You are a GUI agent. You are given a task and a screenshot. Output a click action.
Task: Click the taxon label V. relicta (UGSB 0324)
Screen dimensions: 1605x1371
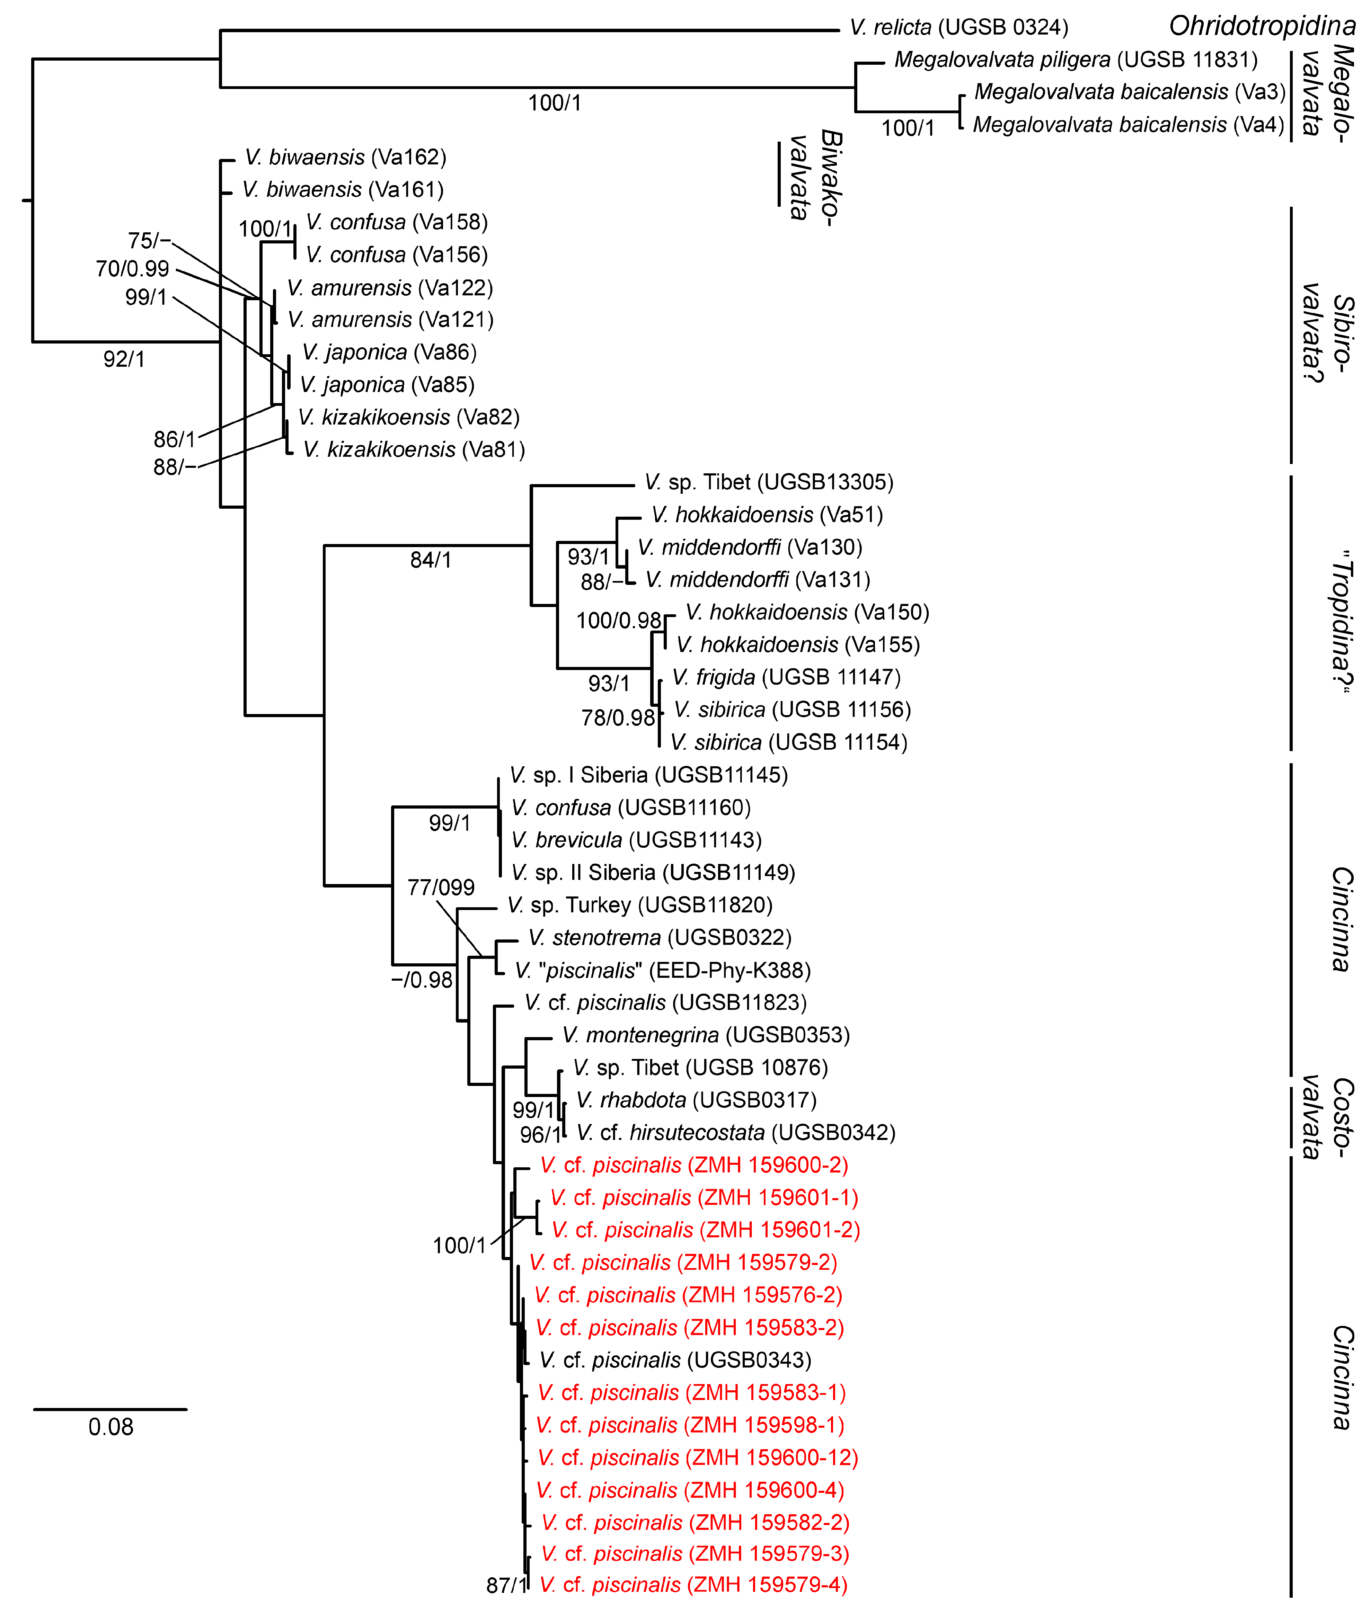(x=959, y=28)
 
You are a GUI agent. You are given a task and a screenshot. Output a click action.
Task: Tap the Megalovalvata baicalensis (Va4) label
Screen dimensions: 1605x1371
(x=1129, y=125)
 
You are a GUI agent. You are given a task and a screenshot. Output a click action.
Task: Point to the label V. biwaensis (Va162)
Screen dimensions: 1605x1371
(x=346, y=157)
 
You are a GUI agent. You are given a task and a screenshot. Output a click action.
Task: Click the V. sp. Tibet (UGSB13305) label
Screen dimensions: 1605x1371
(x=769, y=483)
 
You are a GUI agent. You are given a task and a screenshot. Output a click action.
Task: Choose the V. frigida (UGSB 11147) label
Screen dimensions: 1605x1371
(x=786, y=678)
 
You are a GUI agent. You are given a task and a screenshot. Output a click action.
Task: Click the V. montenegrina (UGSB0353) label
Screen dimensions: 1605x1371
(x=706, y=1036)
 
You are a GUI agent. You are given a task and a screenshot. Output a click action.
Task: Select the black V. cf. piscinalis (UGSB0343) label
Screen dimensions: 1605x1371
(x=675, y=1360)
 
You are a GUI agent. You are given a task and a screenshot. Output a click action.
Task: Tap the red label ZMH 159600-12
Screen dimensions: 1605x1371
(x=698, y=1458)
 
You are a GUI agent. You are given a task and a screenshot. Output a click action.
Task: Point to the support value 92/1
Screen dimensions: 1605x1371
(x=124, y=359)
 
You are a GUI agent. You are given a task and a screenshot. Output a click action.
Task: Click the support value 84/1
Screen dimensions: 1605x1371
(x=431, y=560)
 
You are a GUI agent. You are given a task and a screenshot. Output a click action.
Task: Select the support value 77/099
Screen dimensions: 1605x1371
(x=441, y=888)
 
